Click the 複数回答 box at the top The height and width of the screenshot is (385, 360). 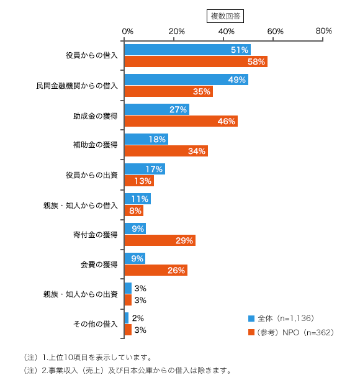225,16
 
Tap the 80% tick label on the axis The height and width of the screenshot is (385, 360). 323,31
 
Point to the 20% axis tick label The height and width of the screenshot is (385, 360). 176,31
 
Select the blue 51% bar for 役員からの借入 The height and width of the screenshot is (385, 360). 187,50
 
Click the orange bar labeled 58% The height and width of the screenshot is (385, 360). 196,61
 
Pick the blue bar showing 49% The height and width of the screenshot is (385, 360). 186,79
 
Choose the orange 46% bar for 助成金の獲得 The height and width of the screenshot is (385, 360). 181,121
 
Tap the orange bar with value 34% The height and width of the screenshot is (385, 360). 166,151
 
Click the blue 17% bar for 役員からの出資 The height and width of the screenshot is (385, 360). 145,169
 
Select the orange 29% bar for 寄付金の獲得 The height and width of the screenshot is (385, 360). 160,240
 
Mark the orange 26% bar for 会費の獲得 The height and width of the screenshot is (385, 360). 156,270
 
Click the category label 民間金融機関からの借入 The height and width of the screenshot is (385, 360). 77,86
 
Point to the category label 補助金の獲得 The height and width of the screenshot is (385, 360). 95,145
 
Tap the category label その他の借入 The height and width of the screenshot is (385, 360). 95,324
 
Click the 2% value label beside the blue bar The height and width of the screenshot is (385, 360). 138,318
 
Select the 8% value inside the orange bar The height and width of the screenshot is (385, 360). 135,211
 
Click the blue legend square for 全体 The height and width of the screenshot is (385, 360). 251,319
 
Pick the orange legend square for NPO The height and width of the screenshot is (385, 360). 251,332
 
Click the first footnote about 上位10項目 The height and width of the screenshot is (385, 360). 88,357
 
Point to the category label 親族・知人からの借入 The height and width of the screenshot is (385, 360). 81,206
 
